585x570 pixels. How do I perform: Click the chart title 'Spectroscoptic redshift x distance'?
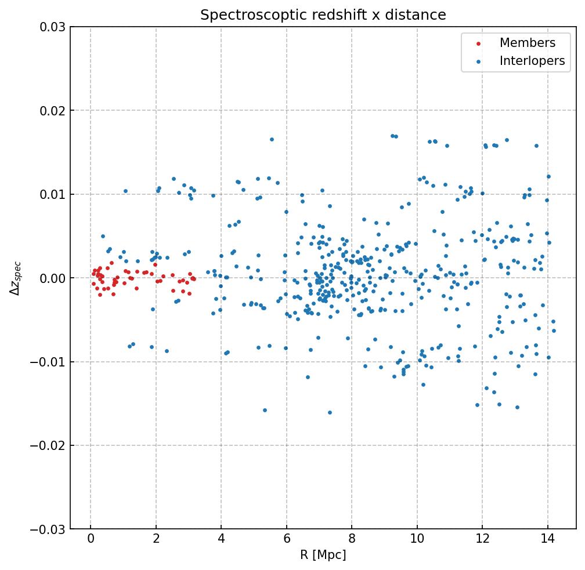(x=323, y=15)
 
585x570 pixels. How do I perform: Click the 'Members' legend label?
(x=527, y=43)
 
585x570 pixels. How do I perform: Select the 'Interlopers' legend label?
(x=532, y=61)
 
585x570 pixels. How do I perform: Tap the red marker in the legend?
(x=478, y=43)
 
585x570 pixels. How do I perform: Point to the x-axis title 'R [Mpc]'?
(x=323, y=555)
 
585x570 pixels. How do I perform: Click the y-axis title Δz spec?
(x=16, y=278)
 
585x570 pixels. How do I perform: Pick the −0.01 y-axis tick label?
(x=50, y=362)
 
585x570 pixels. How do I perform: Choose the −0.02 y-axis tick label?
(x=50, y=445)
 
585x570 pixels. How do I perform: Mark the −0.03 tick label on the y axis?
(x=50, y=529)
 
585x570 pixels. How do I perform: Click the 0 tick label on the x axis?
(x=91, y=540)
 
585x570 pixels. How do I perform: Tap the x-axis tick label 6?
(x=286, y=540)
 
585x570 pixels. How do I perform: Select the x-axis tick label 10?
(x=417, y=540)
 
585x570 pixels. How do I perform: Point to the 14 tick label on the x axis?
(x=547, y=540)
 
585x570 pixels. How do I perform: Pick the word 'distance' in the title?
(x=423, y=15)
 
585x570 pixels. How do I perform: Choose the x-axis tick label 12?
(x=482, y=540)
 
